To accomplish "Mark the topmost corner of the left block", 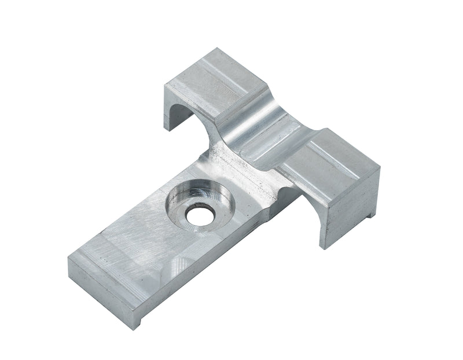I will tap(216, 49).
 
